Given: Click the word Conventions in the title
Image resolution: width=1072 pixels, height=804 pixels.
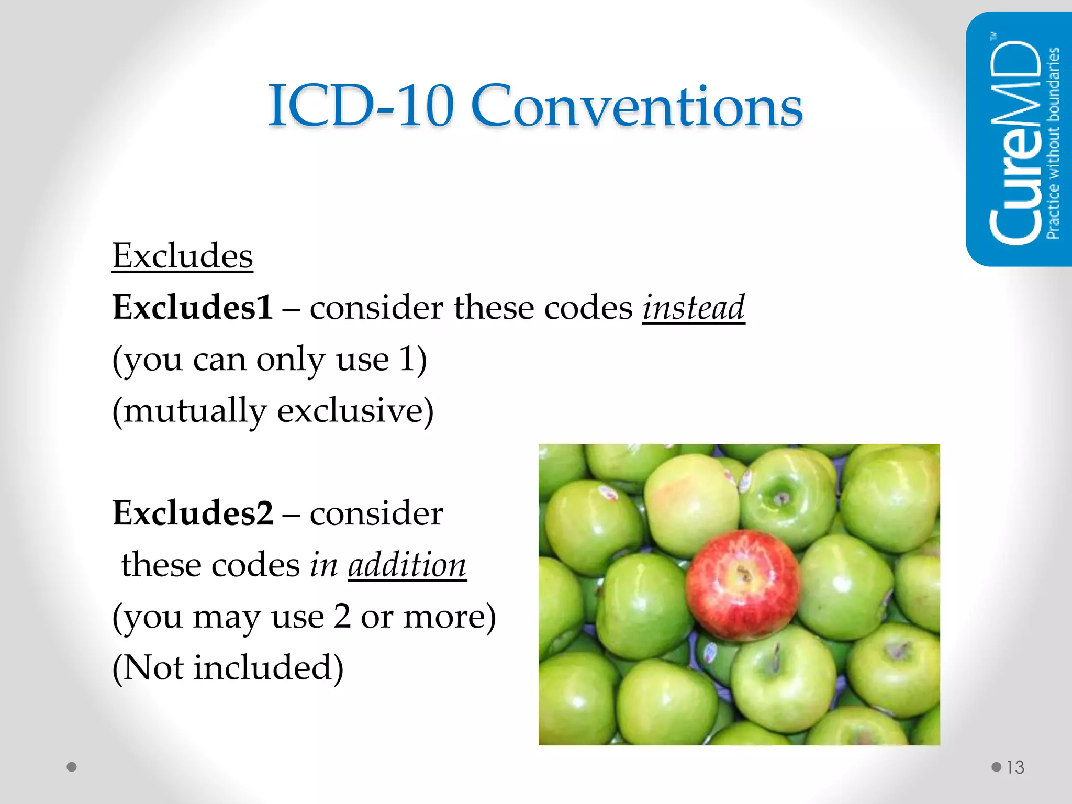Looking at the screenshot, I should pos(636,106).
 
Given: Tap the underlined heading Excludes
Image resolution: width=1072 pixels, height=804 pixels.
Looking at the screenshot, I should pos(183,256).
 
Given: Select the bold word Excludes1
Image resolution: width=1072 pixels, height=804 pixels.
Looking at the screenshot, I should pos(193,307).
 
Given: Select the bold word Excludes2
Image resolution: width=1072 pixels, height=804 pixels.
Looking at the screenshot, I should pos(193,513).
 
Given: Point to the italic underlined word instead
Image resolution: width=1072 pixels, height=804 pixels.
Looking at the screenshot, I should pos(694,307).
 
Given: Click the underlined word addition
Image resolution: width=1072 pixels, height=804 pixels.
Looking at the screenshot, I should pos(407,565).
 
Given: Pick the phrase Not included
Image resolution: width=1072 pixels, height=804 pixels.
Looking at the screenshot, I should pos(228,668).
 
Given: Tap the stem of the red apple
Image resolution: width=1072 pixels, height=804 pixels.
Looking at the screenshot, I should pos(743,574).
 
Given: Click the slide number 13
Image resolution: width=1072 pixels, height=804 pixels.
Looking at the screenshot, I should pos(1015,767).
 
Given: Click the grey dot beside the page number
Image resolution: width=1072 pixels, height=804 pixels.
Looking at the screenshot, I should pos(996,767).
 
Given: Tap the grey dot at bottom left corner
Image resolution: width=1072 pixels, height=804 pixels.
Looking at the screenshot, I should pos(72,767).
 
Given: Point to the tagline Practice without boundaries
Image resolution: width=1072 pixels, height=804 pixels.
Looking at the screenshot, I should pos(1053,142).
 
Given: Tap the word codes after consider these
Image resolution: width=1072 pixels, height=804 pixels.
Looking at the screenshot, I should pos(588,307).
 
